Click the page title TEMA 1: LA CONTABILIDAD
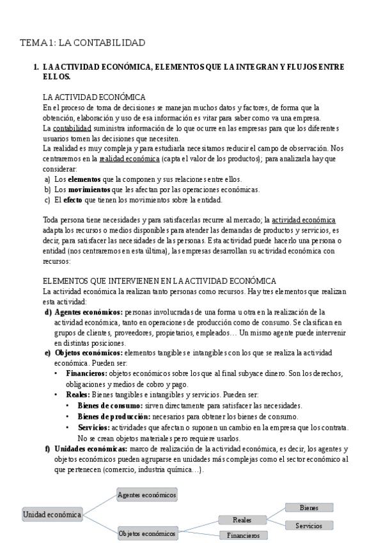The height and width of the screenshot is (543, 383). [82, 43]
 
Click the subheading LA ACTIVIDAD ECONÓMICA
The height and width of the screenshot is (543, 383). [94, 97]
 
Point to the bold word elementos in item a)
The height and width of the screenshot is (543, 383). [84, 179]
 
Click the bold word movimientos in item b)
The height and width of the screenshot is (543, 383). [89, 190]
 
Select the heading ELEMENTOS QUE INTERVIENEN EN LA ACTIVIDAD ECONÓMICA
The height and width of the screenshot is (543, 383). [159, 280]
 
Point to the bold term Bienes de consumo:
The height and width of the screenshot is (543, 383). [109, 405]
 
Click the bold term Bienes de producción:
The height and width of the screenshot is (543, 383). [113, 416]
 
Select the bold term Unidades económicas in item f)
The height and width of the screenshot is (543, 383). [91, 449]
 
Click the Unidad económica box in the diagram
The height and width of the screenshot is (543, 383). [52, 514]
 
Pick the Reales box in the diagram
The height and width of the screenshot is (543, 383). [242, 520]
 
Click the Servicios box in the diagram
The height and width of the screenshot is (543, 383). [309, 526]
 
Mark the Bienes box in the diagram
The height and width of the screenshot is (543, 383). [309, 507]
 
